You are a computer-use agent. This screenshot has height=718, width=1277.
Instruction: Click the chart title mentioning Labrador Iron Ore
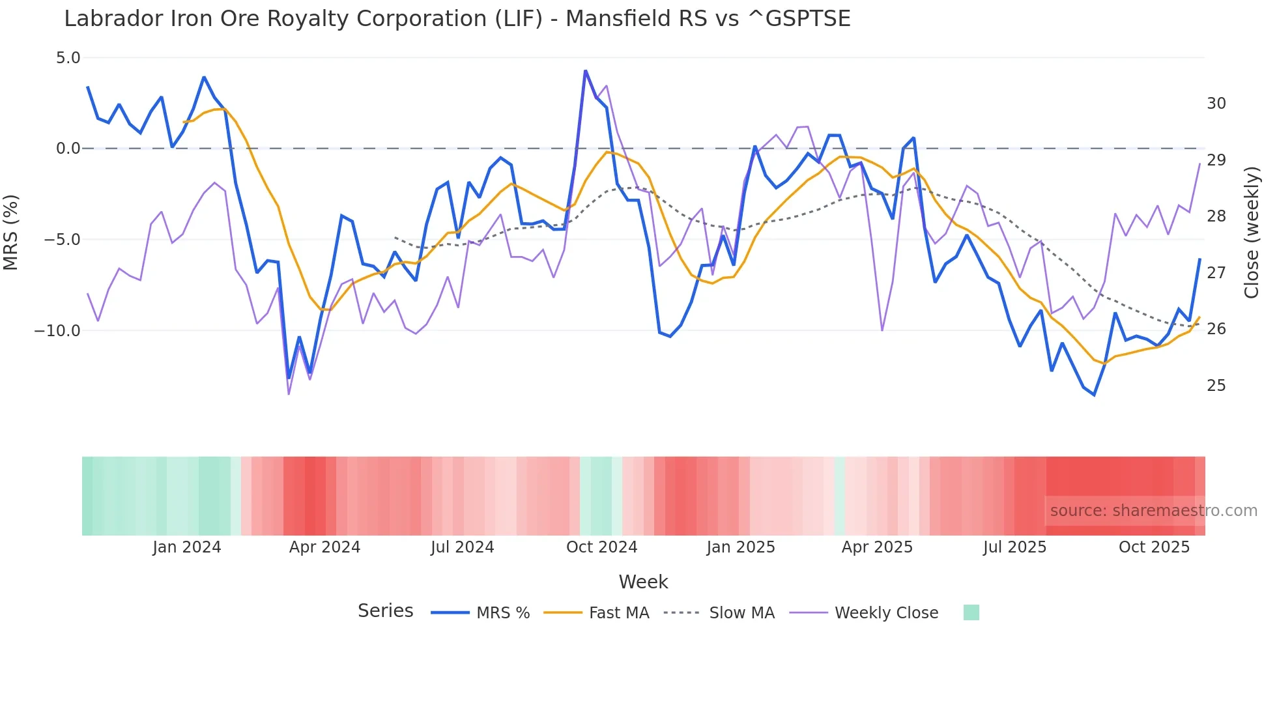click(457, 19)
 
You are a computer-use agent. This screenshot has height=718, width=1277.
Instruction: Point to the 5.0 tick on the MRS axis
click(68, 58)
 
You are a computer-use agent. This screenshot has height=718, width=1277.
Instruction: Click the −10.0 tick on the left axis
click(57, 330)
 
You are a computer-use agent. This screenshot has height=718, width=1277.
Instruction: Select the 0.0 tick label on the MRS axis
click(68, 149)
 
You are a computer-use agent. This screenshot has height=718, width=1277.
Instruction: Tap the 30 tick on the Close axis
click(1216, 104)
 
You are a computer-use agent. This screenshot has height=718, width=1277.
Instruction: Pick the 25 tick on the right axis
click(1216, 386)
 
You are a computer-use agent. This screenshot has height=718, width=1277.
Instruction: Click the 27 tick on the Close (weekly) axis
click(1216, 273)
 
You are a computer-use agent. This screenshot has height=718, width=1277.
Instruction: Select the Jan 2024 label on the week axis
click(187, 547)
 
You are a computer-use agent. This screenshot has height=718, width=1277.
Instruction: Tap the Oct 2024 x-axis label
click(601, 547)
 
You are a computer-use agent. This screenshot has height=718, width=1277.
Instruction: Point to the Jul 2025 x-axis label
click(1014, 547)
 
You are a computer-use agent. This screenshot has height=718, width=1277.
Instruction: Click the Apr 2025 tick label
click(877, 547)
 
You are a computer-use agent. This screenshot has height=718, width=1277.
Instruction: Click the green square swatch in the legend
click(971, 612)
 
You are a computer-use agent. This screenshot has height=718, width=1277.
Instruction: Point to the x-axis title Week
click(643, 582)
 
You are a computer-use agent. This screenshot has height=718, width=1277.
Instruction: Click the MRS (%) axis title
click(11, 233)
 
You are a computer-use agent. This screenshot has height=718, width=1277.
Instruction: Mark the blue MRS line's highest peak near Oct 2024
click(585, 71)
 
